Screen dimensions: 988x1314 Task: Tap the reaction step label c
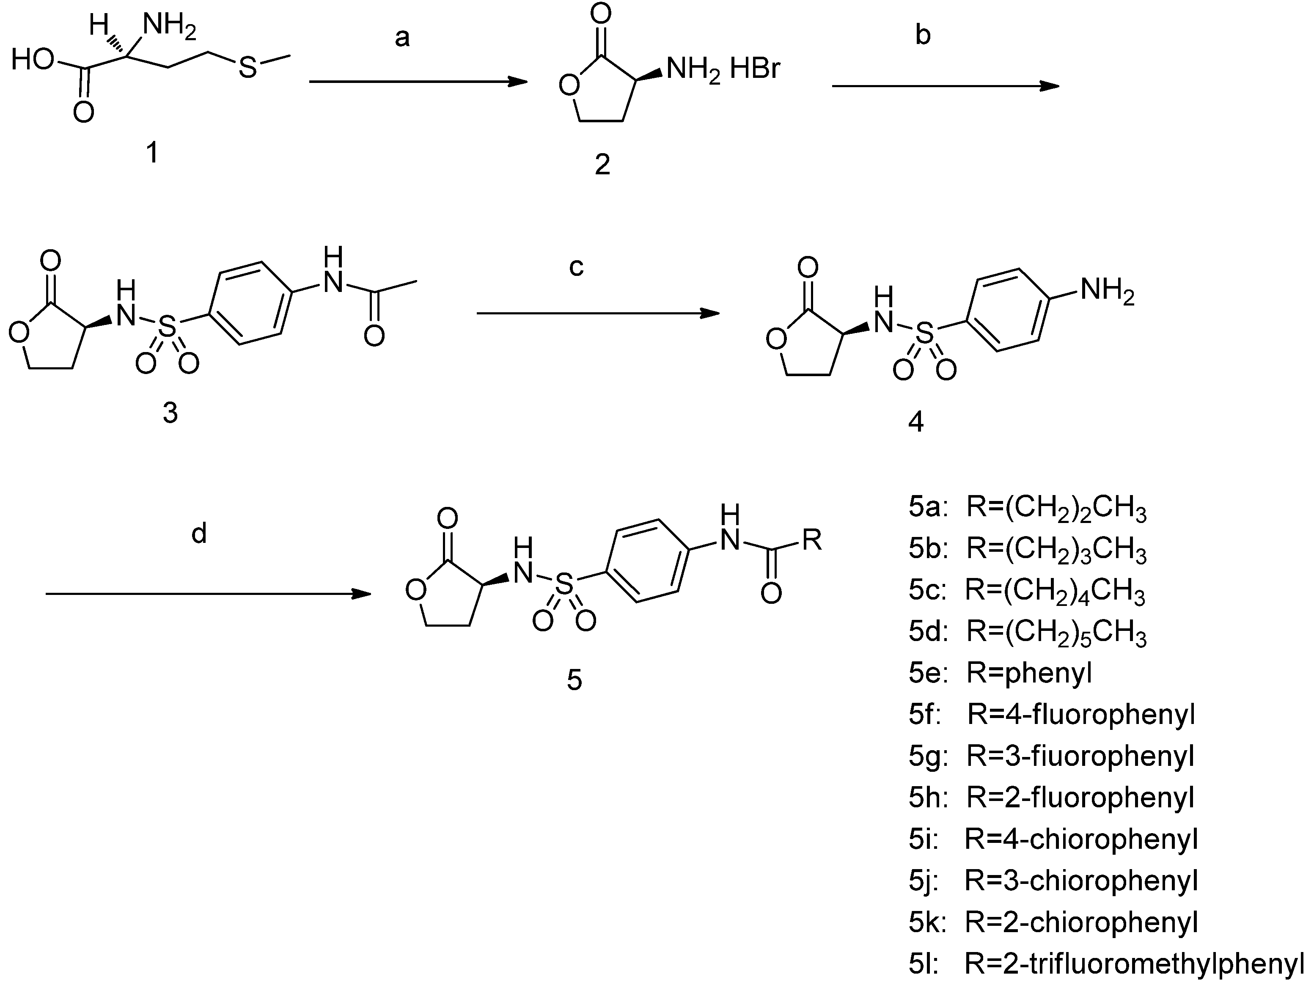click(576, 267)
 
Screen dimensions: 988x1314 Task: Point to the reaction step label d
click(199, 534)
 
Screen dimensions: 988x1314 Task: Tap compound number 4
click(916, 422)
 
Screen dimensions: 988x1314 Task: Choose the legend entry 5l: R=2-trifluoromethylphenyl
click(1105, 963)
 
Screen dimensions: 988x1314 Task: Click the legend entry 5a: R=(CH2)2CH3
click(1027, 509)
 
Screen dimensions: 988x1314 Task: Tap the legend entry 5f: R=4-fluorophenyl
click(1051, 714)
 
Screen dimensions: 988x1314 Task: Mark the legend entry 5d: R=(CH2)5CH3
click(1027, 632)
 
